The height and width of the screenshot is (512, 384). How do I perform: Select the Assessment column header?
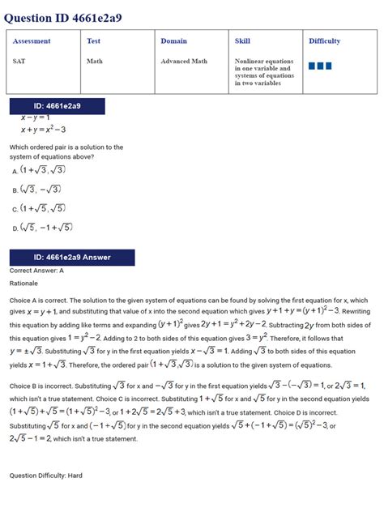tap(32, 41)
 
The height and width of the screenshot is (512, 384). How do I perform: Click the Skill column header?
tap(242, 41)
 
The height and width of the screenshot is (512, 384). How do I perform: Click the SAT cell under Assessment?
tap(19, 61)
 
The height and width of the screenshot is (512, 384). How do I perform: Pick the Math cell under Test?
tap(95, 61)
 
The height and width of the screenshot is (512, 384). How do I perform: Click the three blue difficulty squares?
tap(320, 66)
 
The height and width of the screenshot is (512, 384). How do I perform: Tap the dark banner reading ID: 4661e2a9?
tap(57, 106)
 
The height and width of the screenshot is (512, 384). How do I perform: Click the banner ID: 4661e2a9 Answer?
tap(71, 258)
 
